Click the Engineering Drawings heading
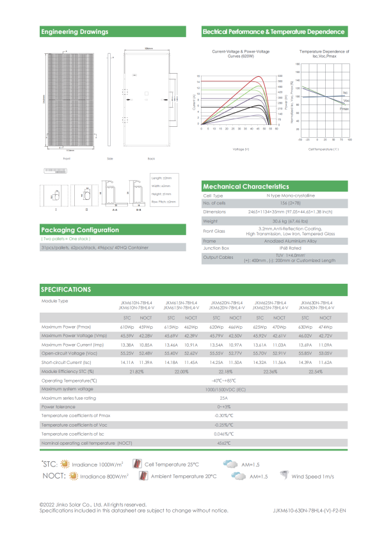[x=74, y=31]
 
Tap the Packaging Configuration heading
[x=79, y=230]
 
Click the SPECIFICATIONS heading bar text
[x=65, y=290]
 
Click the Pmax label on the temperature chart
[x=344, y=110]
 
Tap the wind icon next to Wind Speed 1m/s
[x=284, y=476]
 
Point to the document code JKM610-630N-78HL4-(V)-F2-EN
[x=309, y=511]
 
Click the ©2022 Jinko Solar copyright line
[x=93, y=504]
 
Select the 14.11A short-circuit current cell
[x=127, y=363]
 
